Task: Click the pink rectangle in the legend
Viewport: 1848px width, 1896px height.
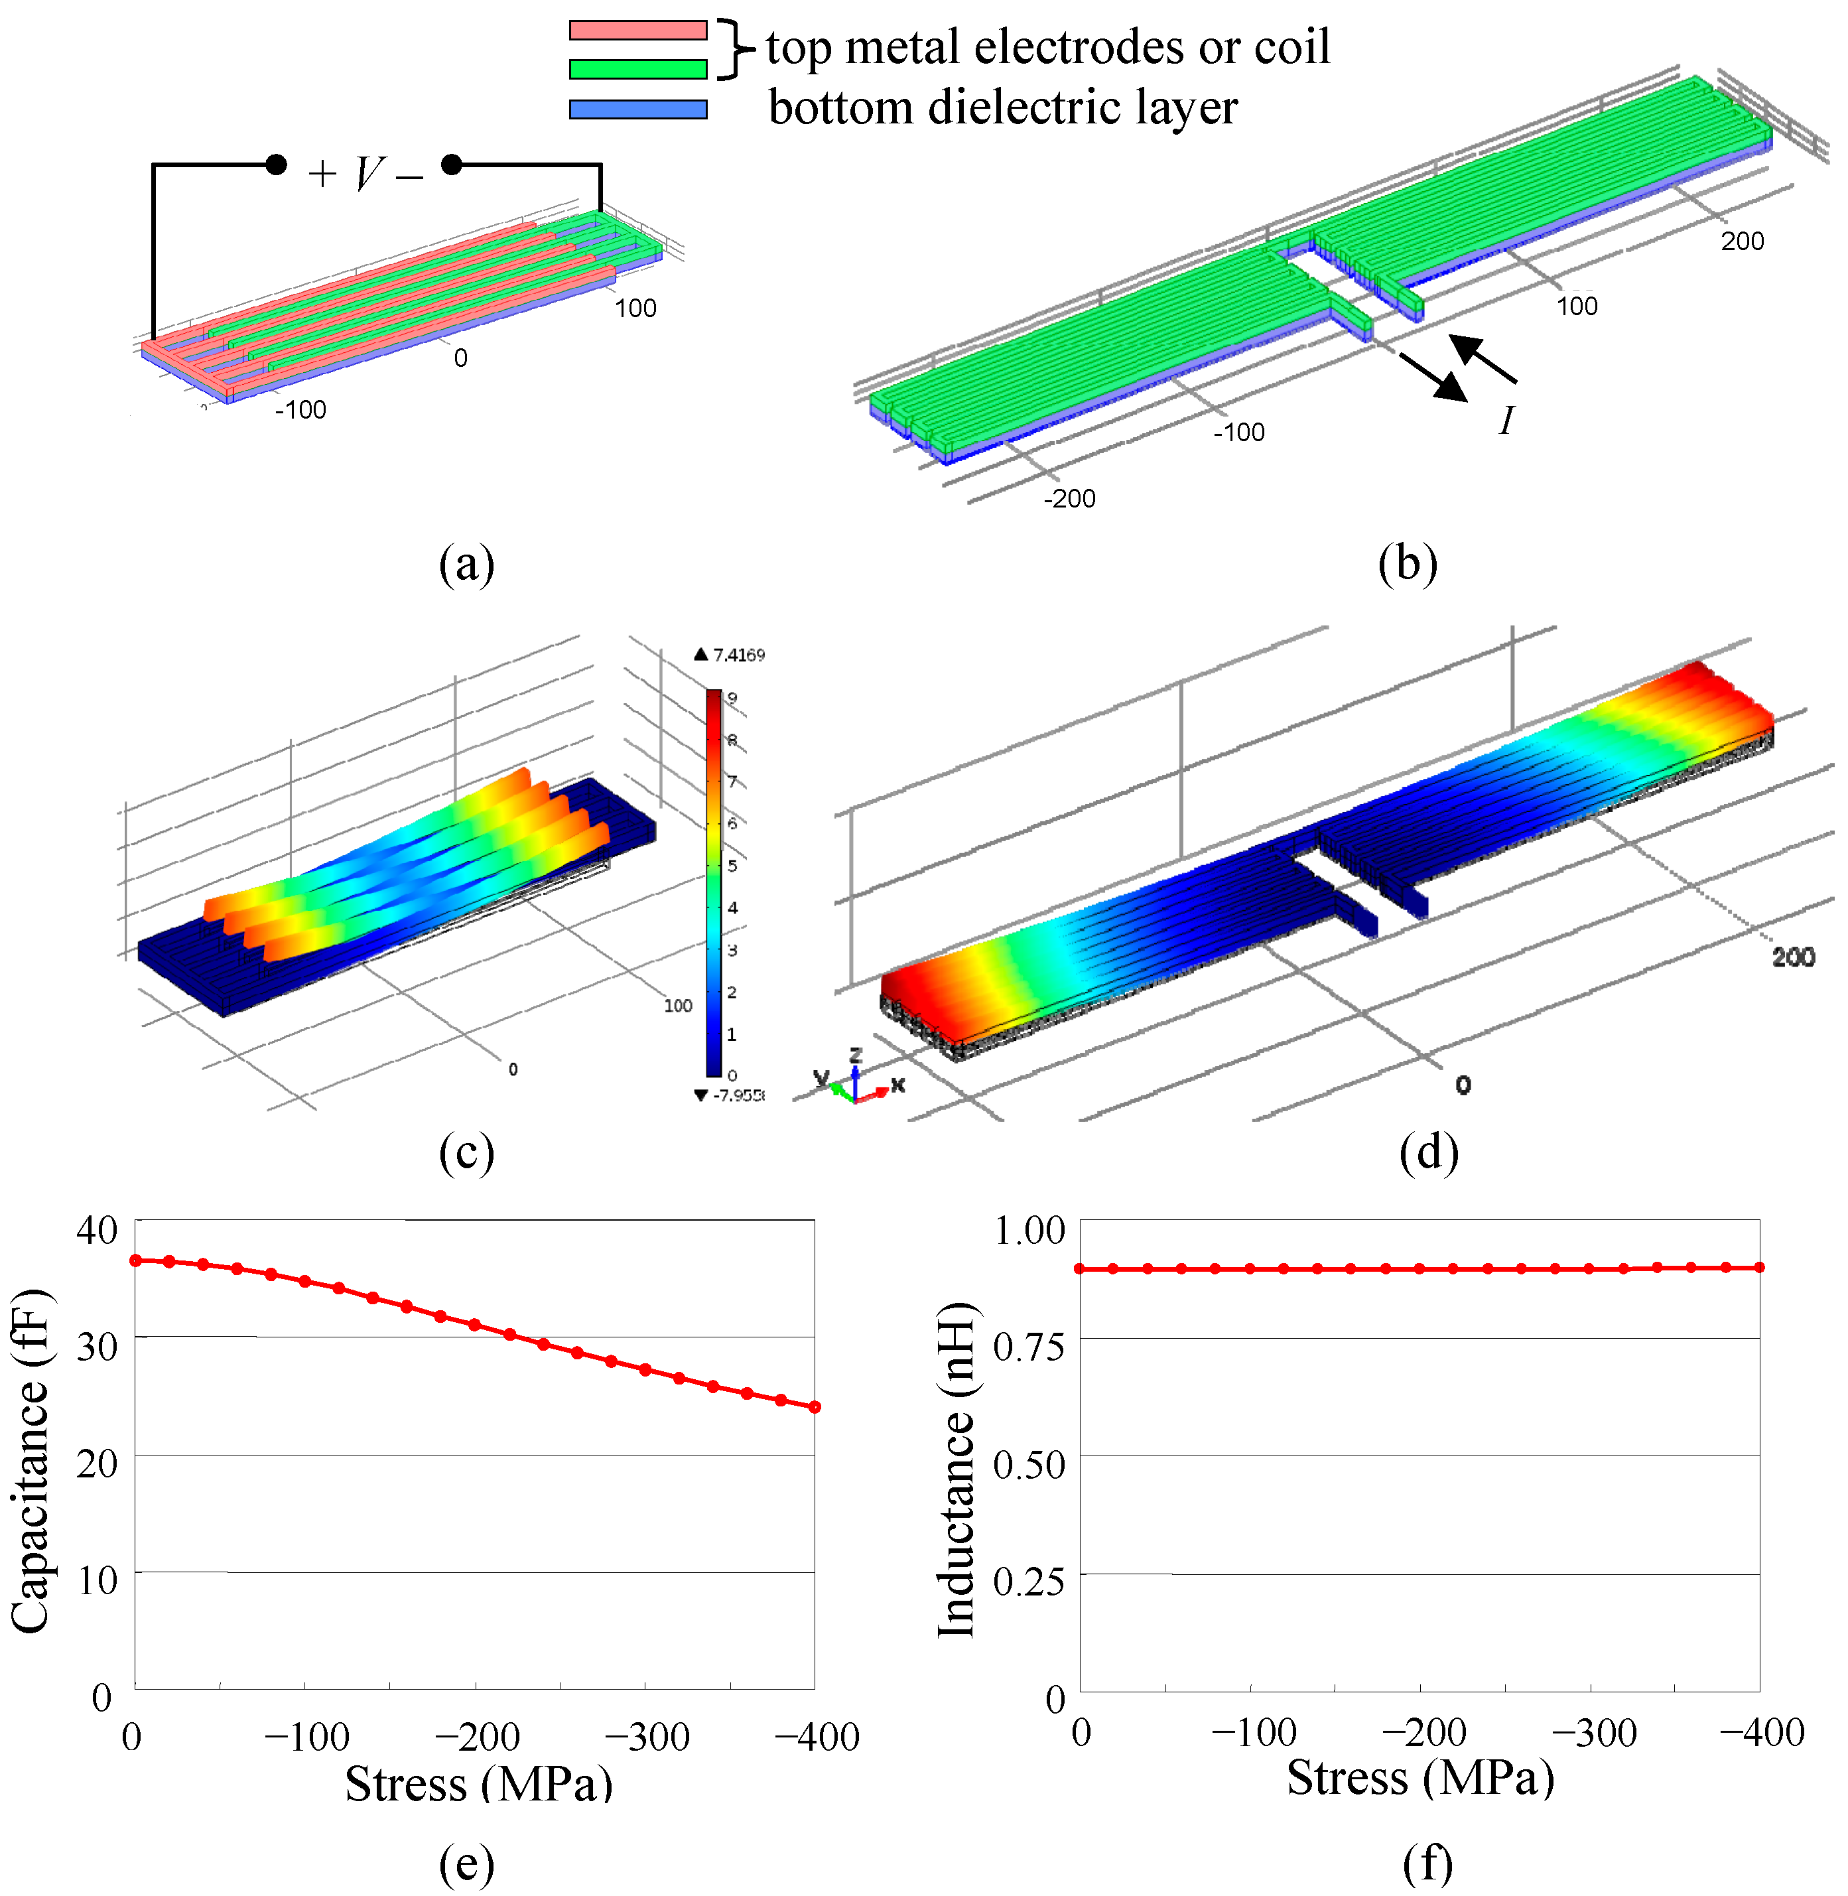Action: tap(637, 30)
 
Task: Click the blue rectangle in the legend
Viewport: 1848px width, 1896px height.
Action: tap(637, 109)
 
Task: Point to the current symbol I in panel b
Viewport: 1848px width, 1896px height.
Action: tap(1506, 421)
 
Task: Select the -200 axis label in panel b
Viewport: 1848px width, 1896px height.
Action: tap(1069, 498)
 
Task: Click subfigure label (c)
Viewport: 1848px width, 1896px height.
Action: tap(467, 1152)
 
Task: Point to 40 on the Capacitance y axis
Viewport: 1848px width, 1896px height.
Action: tap(96, 1230)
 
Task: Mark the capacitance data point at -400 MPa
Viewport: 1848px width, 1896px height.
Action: tap(815, 1406)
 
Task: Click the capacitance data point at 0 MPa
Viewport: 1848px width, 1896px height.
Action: tap(136, 1260)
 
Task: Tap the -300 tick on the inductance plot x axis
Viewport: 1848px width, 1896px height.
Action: tap(1594, 1732)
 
